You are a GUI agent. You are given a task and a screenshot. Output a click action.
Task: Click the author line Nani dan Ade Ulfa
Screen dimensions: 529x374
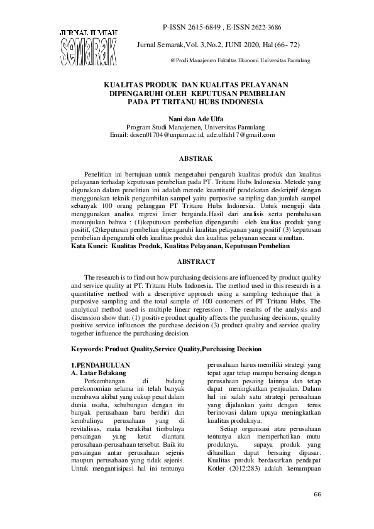click(x=195, y=118)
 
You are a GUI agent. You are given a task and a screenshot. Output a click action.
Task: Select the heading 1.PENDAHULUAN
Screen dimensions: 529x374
click(x=100, y=364)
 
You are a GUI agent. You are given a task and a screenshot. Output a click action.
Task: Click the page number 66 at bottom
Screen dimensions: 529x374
click(x=317, y=494)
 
